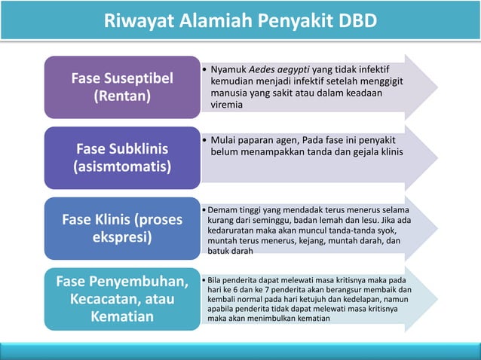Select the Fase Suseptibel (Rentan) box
(121, 87)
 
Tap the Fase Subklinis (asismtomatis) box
(121, 156)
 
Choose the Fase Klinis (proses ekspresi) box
(121, 227)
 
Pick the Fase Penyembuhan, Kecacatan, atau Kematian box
(121, 299)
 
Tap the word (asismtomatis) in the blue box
(121, 165)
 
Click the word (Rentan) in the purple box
(121, 96)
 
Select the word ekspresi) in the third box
(121, 236)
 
